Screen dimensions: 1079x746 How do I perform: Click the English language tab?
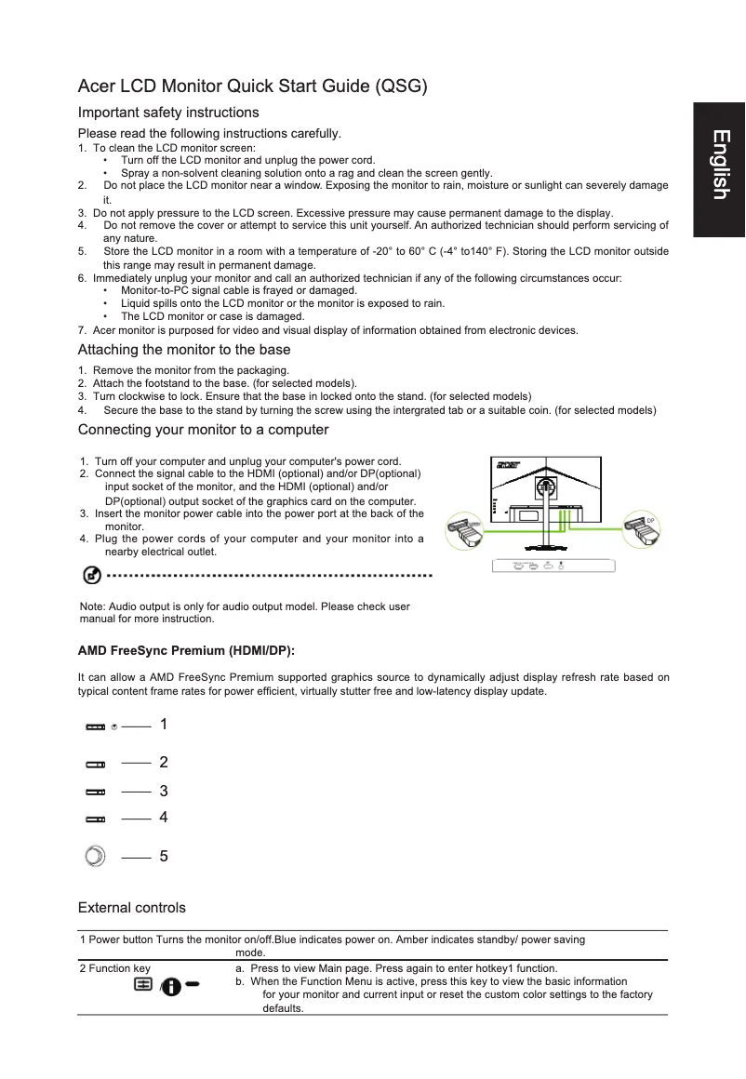click(718, 165)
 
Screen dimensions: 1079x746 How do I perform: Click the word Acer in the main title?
click(96, 87)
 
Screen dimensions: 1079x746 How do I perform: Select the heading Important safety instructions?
click(161, 113)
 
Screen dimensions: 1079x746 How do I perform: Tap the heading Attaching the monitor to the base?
click(184, 350)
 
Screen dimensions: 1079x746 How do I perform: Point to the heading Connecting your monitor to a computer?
click(203, 430)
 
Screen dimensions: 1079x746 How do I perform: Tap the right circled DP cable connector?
click(642, 533)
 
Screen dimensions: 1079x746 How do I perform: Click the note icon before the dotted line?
click(92, 577)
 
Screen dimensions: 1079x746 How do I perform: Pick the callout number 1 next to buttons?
click(164, 724)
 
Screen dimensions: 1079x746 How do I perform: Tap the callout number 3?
click(164, 792)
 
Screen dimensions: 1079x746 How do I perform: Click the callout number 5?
click(164, 857)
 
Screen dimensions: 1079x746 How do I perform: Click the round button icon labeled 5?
click(95, 856)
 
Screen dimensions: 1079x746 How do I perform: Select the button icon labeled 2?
click(96, 764)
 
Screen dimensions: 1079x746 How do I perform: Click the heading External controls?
click(131, 908)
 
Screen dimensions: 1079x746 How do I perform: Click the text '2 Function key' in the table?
click(115, 968)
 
